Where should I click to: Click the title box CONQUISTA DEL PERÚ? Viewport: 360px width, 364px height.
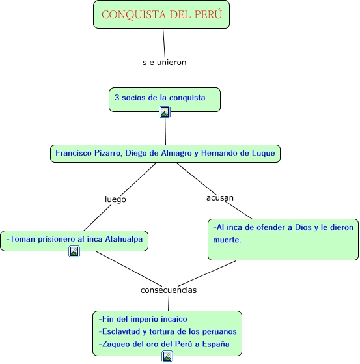point(161,14)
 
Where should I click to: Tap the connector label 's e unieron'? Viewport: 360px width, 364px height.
point(164,63)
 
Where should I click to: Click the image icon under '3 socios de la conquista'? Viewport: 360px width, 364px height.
point(165,112)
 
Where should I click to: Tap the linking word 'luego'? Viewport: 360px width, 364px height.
point(115,199)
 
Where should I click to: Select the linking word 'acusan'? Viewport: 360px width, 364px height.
point(219,197)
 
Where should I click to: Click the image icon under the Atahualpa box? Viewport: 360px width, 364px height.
point(74,251)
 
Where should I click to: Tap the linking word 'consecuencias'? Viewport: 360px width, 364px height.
point(169,290)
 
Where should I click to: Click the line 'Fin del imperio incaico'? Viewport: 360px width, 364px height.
point(143,319)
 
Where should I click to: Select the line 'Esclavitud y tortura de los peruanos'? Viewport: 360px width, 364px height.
point(167,331)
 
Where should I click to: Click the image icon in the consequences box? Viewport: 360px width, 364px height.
point(167,356)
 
